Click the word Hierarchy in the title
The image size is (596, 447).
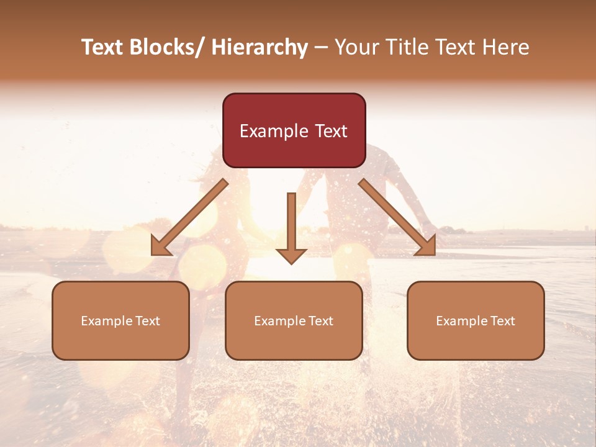coord(260,48)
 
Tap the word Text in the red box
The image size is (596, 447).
coord(330,131)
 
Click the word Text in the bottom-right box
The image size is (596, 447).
coord(502,321)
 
